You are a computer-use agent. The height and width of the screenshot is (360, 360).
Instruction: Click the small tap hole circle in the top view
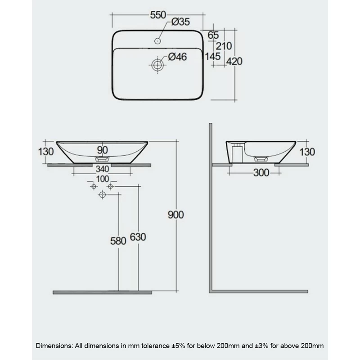[x=157, y=41]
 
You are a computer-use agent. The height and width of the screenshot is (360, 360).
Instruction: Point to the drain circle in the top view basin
[x=157, y=65]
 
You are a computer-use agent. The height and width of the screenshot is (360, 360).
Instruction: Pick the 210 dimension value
[x=224, y=45]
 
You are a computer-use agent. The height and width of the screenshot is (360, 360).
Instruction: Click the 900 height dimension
[x=176, y=215]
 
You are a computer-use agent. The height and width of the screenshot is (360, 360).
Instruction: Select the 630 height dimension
[x=138, y=237]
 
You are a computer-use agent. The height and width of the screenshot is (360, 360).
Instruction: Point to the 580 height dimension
[x=118, y=241]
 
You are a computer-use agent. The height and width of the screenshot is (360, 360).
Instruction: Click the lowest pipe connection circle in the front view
[x=102, y=194]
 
